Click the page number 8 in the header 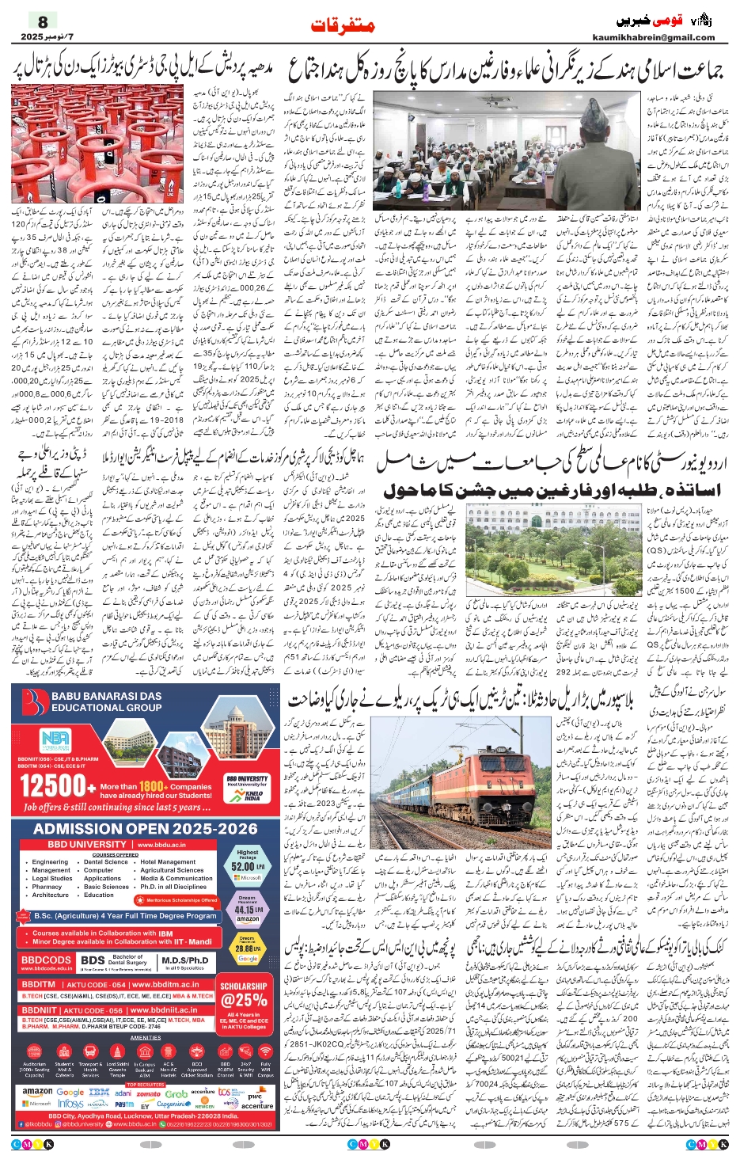coord(43,21)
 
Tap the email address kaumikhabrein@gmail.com coord(653,37)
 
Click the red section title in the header coord(343,25)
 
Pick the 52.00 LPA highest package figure coord(247,866)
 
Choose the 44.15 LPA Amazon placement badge coord(247,910)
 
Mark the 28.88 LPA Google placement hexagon coord(247,948)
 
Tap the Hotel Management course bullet coord(168,862)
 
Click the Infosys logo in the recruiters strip coord(70,1104)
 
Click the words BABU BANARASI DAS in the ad coord(106,697)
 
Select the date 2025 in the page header coord(32,37)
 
